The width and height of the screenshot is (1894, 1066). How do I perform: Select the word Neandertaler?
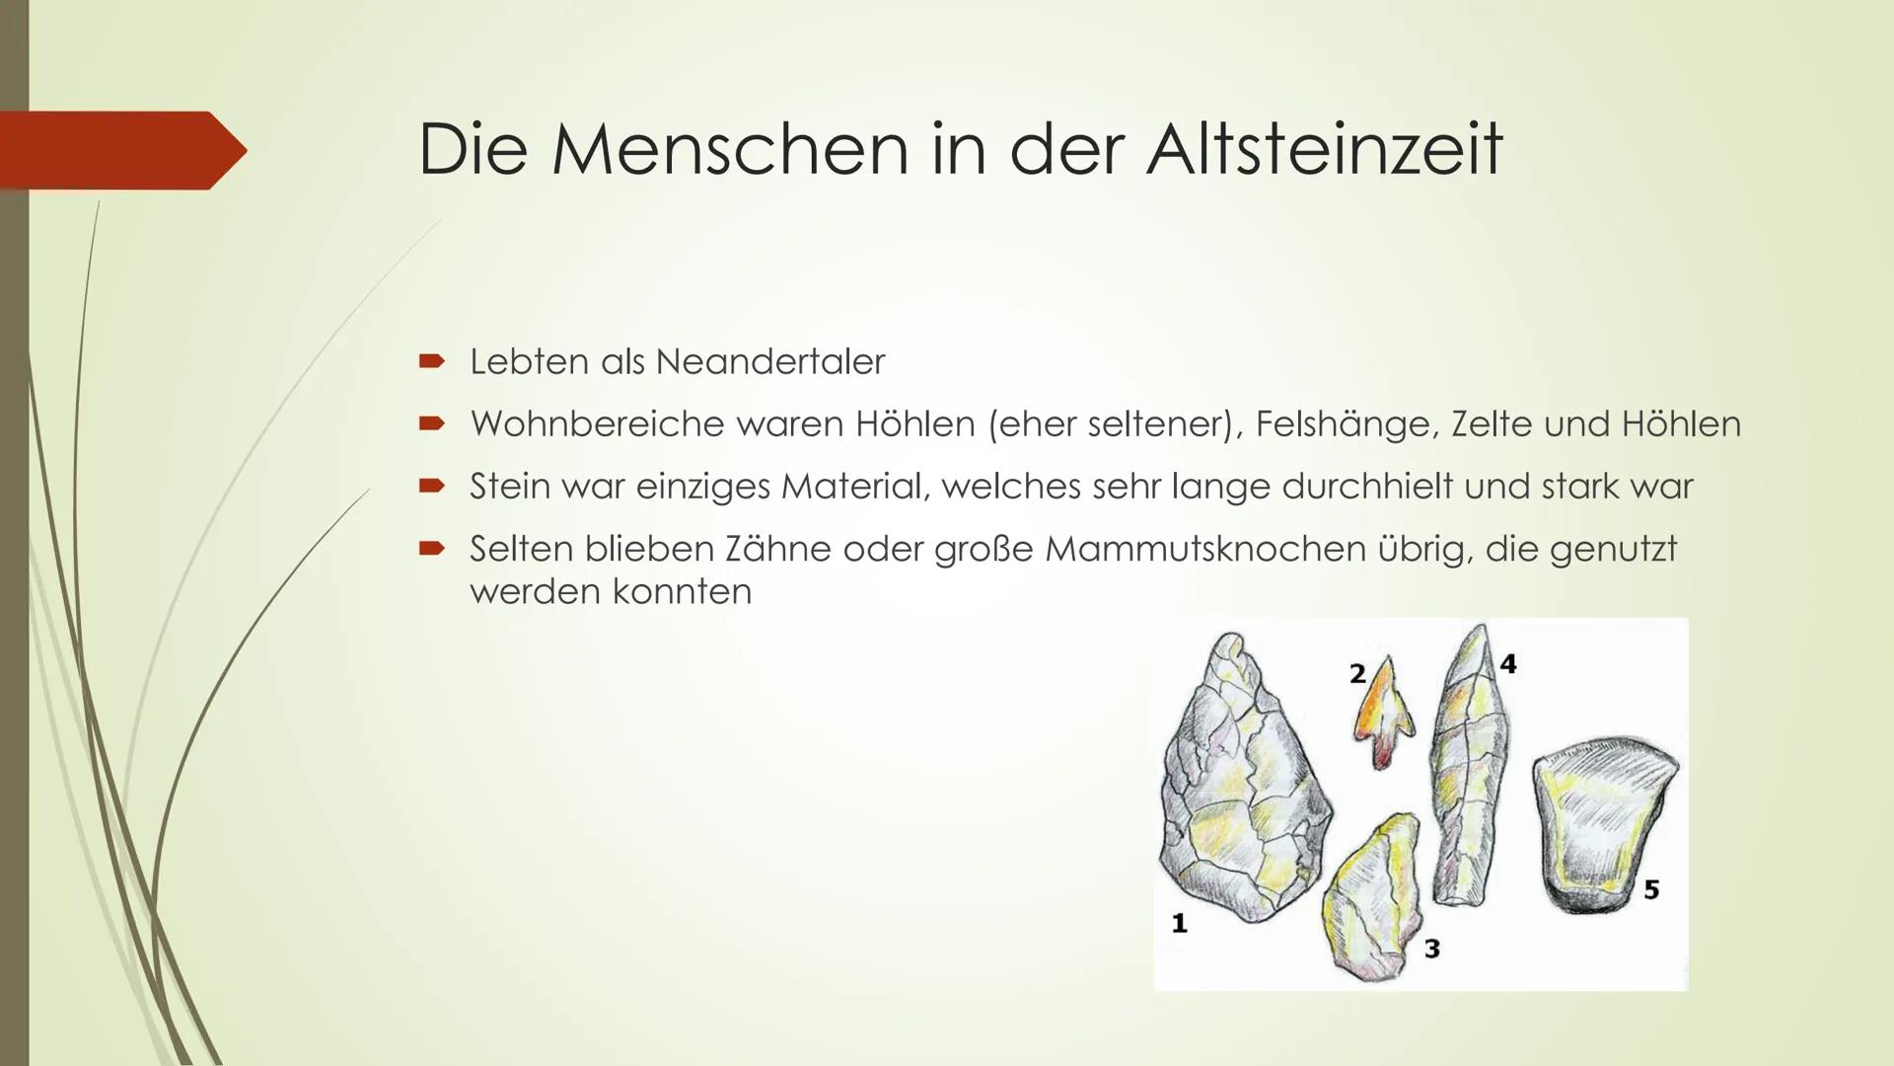click(x=769, y=362)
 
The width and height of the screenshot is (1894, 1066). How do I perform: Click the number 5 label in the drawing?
click(x=1651, y=890)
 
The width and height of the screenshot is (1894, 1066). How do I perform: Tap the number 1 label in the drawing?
click(x=1179, y=924)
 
